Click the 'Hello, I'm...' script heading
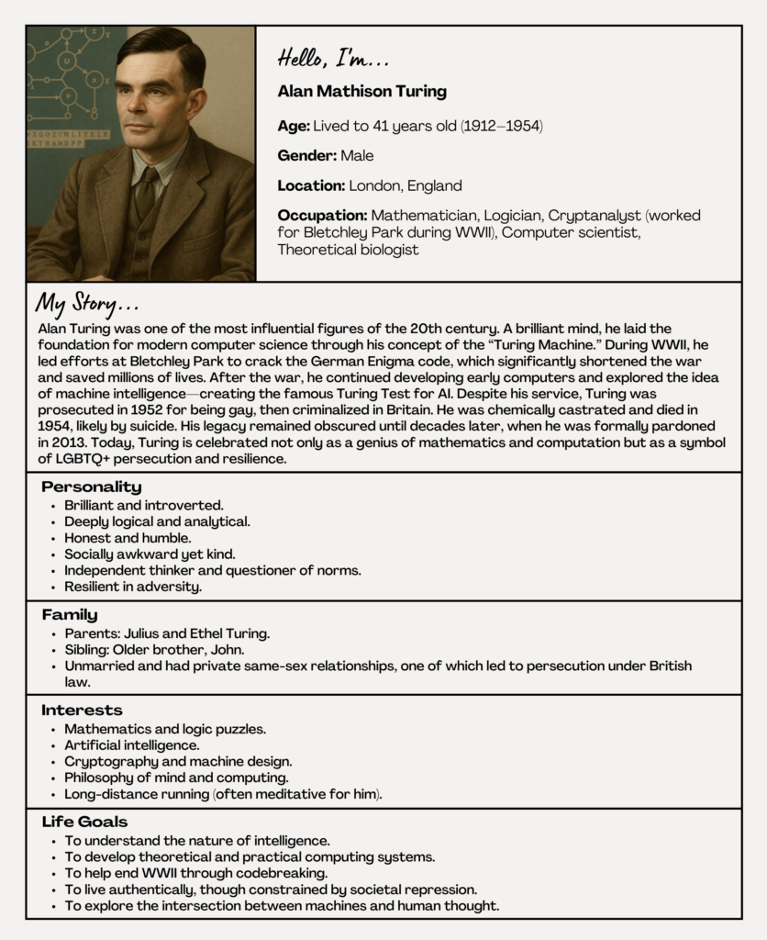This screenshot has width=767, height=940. [333, 60]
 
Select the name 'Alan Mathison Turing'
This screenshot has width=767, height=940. [361, 91]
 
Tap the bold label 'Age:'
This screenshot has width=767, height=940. [294, 125]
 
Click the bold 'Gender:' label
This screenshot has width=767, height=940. [306, 155]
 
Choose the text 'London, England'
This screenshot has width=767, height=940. [405, 185]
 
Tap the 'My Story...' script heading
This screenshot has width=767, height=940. [88, 303]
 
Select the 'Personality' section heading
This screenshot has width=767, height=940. [91, 487]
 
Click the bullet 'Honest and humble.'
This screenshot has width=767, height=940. [128, 538]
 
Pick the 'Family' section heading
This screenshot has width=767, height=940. [69, 615]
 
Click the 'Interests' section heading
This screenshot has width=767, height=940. [82, 710]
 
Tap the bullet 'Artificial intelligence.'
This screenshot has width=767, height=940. [131, 745]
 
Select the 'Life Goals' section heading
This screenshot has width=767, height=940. [84, 822]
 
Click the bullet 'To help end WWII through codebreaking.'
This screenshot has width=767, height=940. [196, 873]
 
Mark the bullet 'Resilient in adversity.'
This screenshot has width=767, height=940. [133, 587]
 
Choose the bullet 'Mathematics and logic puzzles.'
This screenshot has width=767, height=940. [165, 729]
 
